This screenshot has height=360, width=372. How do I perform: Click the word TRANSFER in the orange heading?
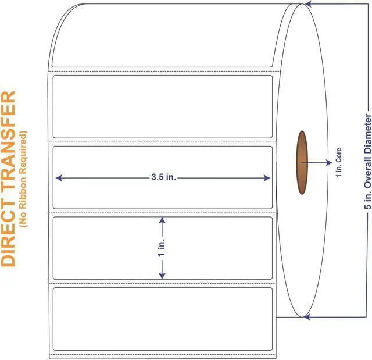(8, 145)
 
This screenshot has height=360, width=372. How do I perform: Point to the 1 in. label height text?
(163, 247)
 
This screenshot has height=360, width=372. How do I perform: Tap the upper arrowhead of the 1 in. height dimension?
(163, 220)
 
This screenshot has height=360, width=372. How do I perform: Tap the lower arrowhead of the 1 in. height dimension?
(163, 275)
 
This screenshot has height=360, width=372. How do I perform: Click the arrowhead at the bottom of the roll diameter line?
(308, 317)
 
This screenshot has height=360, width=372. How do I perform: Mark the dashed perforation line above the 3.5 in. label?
(163, 142)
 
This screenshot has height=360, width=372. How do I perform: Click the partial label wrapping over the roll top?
(163, 35)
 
